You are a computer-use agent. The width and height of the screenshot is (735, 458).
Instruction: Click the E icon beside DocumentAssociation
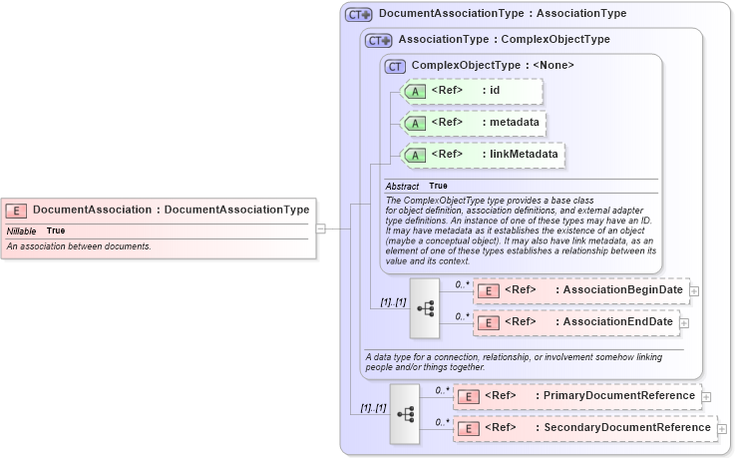pos(16,211)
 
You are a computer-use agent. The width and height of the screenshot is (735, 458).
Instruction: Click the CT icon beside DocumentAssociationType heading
pos(359,15)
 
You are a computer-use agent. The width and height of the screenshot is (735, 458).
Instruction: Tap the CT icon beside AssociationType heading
pos(379,41)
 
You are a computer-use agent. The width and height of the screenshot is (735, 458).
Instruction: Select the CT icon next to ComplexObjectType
pos(396,67)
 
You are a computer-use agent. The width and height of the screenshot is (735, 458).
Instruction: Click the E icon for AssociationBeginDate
pos(489,291)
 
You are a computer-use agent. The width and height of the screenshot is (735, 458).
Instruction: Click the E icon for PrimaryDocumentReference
pos(467,396)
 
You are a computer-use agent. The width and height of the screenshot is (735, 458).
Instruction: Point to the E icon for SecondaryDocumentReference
pos(467,429)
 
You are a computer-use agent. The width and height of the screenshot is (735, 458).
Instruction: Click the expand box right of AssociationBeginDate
pos(694,291)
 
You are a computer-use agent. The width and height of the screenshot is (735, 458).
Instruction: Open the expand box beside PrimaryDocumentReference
pos(706,396)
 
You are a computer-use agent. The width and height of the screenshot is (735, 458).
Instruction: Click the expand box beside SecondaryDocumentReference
pos(722,429)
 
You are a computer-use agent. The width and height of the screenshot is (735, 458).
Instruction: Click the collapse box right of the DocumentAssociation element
pos(320,228)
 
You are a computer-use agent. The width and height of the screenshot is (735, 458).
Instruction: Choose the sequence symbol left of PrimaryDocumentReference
pos(405,412)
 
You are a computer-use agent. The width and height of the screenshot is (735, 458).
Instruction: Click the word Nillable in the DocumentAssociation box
pos(22,231)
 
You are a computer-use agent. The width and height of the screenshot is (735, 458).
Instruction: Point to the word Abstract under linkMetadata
pos(402,187)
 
